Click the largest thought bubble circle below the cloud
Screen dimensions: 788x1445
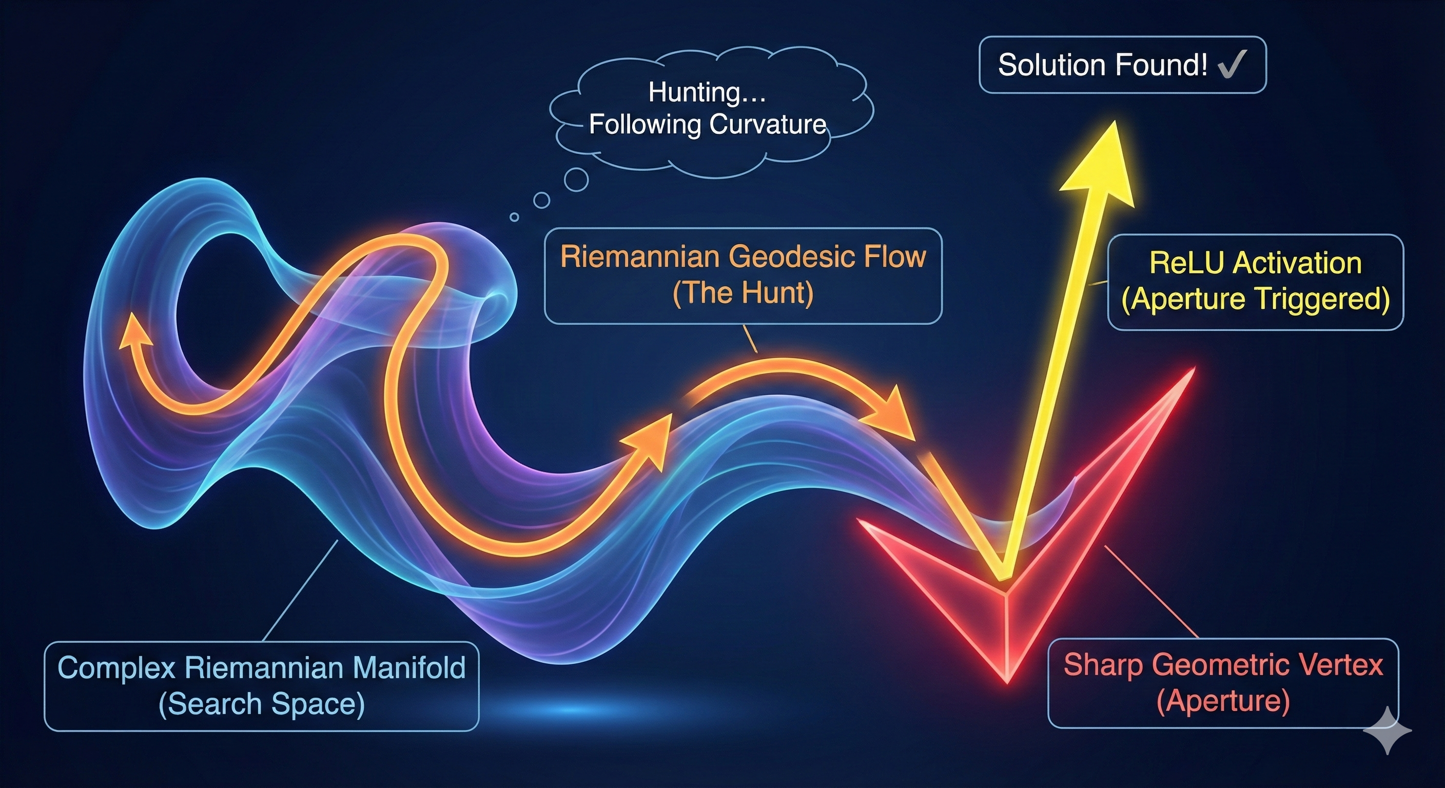pyautogui.click(x=576, y=180)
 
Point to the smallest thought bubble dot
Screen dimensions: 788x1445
pyautogui.click(x=514, y=217)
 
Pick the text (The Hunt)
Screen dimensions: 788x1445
pyautogui.click(x=743, y=293)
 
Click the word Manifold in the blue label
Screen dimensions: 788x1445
pyautogui.click(x=409, y=667)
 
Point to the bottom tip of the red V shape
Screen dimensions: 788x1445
pyautogui.click(x=1007, y=680)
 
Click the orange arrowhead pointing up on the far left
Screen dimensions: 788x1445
pyautogui.click(x=133, y=330)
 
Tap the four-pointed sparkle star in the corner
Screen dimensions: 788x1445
pyautogui.click(x=1387, y=730)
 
